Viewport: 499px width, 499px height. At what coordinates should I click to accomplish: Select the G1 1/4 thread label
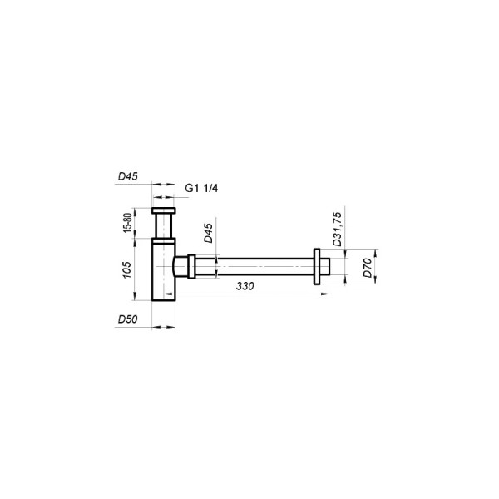(x=201, y=189)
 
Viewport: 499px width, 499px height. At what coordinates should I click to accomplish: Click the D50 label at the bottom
(x=126, y=319)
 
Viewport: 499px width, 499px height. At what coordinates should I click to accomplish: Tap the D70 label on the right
(x=367, y=268)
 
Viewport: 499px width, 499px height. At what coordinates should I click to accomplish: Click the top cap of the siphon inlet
(x=165, y=210)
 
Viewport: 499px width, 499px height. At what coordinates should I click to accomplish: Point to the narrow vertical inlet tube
(x=165, y=225)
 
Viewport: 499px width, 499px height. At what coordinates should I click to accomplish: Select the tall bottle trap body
(x=165, y=270)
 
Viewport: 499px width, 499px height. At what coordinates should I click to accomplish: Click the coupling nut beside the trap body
(x=191, y=266)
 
